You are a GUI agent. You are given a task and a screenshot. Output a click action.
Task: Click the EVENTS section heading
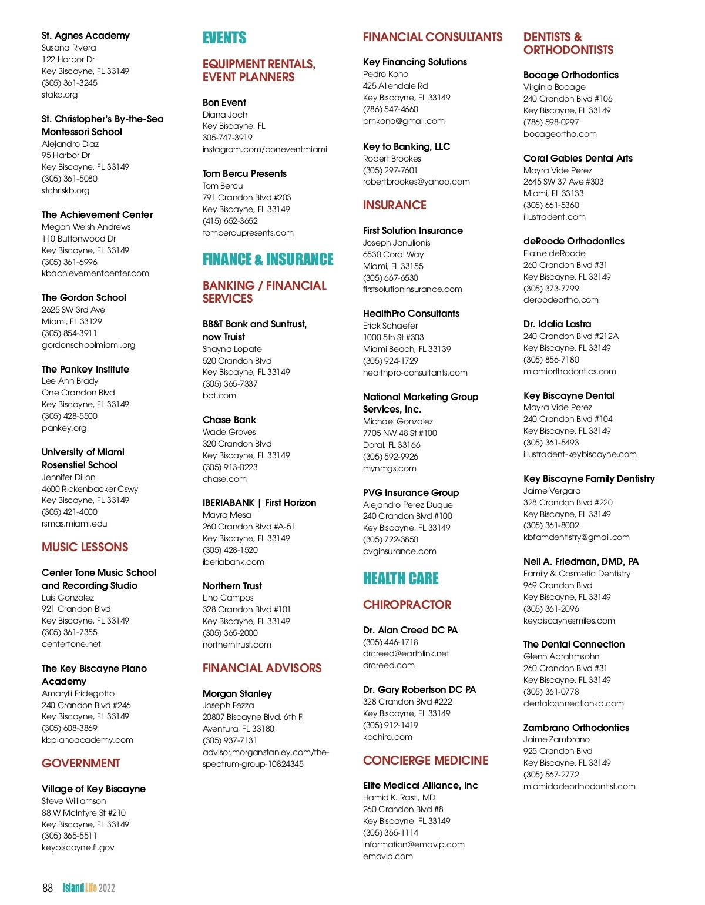coord(224,38)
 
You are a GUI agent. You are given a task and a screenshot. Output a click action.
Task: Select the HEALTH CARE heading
coord(401,579)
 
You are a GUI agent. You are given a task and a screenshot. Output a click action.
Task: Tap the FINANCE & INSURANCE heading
coord(268,260)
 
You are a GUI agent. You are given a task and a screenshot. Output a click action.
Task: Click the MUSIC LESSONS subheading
coord(85,547)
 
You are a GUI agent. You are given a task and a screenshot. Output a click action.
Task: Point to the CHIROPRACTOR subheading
coord(407,605)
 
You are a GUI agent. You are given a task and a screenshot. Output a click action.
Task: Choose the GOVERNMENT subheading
coord(80,763)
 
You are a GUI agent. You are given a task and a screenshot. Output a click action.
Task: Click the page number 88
coord(48,888)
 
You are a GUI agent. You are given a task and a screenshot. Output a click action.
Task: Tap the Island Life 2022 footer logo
coord(89,888)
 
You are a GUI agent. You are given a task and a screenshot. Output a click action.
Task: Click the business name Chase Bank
coord(229,420)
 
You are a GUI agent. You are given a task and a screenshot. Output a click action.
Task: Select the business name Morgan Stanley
coord(237,694)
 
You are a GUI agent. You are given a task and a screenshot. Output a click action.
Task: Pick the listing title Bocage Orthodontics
coord(570,75)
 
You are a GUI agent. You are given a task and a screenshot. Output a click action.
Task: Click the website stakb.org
coord(59,95)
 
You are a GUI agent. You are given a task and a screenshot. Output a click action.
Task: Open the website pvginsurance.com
coord(399,551)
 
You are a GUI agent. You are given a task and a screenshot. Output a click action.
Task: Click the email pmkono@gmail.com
coord(404,121)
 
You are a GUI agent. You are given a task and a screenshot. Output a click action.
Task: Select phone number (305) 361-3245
coord(69,83)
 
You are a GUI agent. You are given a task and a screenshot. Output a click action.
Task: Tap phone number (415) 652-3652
coord(230,221)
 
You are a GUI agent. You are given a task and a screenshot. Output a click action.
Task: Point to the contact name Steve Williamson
coord(74,801)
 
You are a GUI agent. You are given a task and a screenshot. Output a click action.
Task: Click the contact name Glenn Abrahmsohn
coord(561,656)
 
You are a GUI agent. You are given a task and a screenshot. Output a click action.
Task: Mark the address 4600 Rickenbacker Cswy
coord(90,489)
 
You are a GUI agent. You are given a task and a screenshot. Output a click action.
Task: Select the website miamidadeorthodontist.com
coord(579,786)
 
